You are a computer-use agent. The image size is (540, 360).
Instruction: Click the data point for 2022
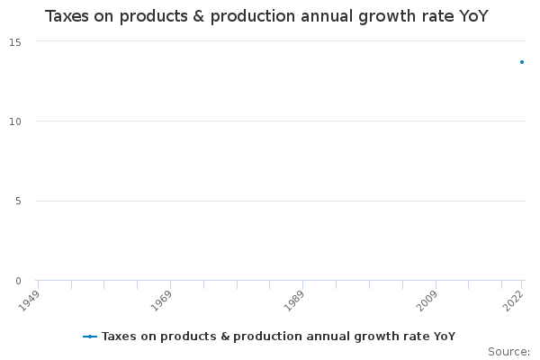[521, 62]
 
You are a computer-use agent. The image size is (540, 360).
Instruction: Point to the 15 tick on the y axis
[16, 41]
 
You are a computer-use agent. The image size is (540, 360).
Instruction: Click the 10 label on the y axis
[16, 121]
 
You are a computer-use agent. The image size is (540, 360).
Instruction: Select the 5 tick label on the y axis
[18, 201]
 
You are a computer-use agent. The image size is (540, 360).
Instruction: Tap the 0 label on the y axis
[18, 281]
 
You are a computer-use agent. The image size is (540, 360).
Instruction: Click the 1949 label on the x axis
[30, 298]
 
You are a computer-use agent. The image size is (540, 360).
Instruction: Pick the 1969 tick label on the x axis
[162, 298]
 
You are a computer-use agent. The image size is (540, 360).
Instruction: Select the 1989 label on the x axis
[294, 298]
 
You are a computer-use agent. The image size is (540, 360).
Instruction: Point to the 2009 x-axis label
[427, 298]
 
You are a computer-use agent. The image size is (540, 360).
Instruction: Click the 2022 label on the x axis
[513, 298]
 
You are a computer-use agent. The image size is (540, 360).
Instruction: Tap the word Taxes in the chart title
[67, 16]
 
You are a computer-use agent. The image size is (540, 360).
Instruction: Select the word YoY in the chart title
[472, 16]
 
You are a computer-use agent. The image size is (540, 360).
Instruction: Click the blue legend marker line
[89, 337]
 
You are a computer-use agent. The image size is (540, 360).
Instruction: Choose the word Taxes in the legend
[117, 337]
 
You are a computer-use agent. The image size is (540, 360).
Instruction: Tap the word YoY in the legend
[444, 337]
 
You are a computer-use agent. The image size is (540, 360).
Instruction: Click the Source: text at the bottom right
[508, 351]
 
